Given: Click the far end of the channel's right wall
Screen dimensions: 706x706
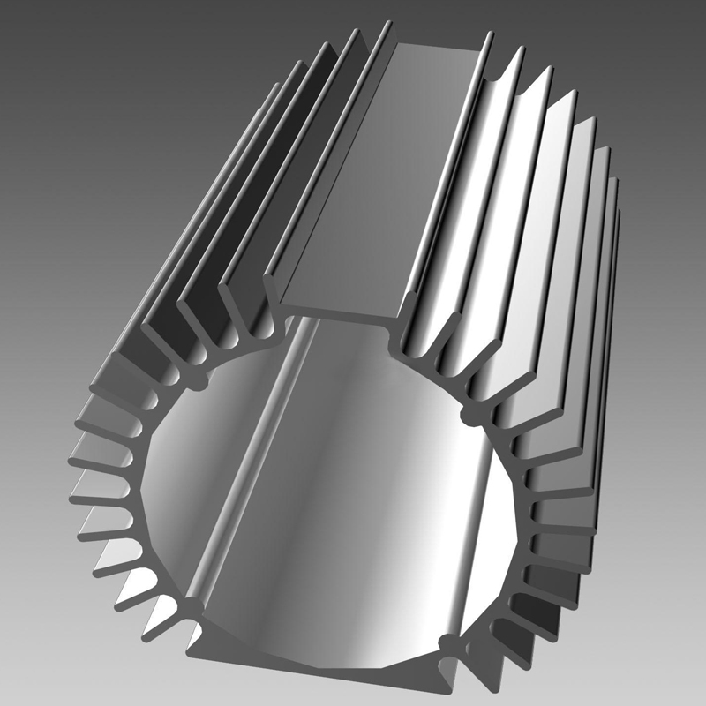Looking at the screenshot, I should (x=488, y=37).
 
